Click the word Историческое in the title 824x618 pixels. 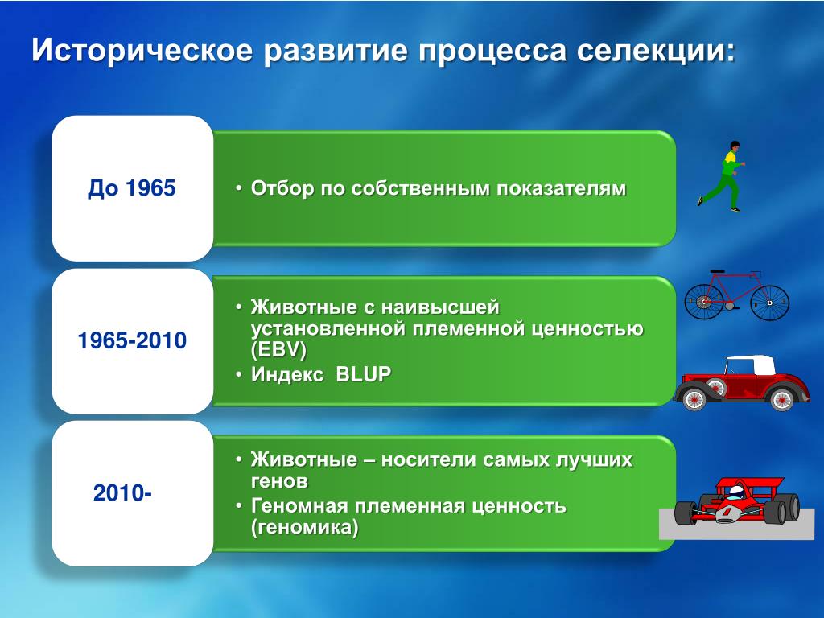[142, 51]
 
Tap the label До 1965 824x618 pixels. [131, 188]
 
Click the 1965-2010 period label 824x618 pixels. [132, 340]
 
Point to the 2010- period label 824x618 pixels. [122, 493]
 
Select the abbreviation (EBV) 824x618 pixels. [278, 350]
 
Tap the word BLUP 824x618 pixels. [363, 374]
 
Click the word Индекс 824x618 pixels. [287, 374]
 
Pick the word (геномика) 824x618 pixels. [304, 527]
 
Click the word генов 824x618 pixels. [279, 481]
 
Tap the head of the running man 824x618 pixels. [734, 146]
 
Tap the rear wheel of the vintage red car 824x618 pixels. [781, 399]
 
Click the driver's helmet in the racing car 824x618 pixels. [736, 493]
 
